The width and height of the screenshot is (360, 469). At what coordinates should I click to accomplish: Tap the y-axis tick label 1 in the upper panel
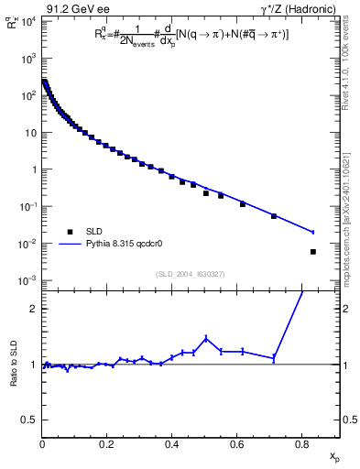[33, 169]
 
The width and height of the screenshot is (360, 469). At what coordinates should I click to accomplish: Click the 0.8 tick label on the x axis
[302, 444]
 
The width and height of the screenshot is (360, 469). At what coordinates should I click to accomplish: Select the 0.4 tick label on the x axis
[172, 444]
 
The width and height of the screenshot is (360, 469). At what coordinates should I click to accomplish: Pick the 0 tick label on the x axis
[42, 444]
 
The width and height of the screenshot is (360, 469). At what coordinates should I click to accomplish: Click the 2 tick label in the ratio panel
[34, 309]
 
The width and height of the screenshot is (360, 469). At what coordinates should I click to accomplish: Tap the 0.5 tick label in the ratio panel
[29, 420]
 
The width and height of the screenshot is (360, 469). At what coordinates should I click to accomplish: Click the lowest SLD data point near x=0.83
[313, 252]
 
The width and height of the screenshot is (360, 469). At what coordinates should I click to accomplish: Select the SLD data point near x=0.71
[274, 216]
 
